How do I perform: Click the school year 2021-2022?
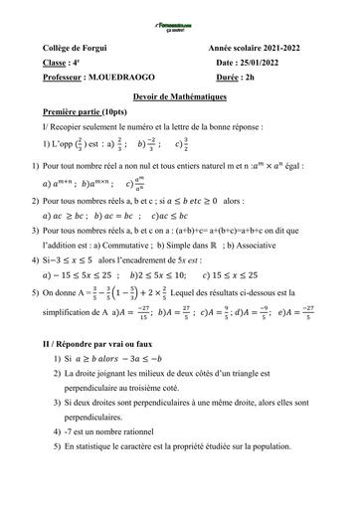pos(287,47)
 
